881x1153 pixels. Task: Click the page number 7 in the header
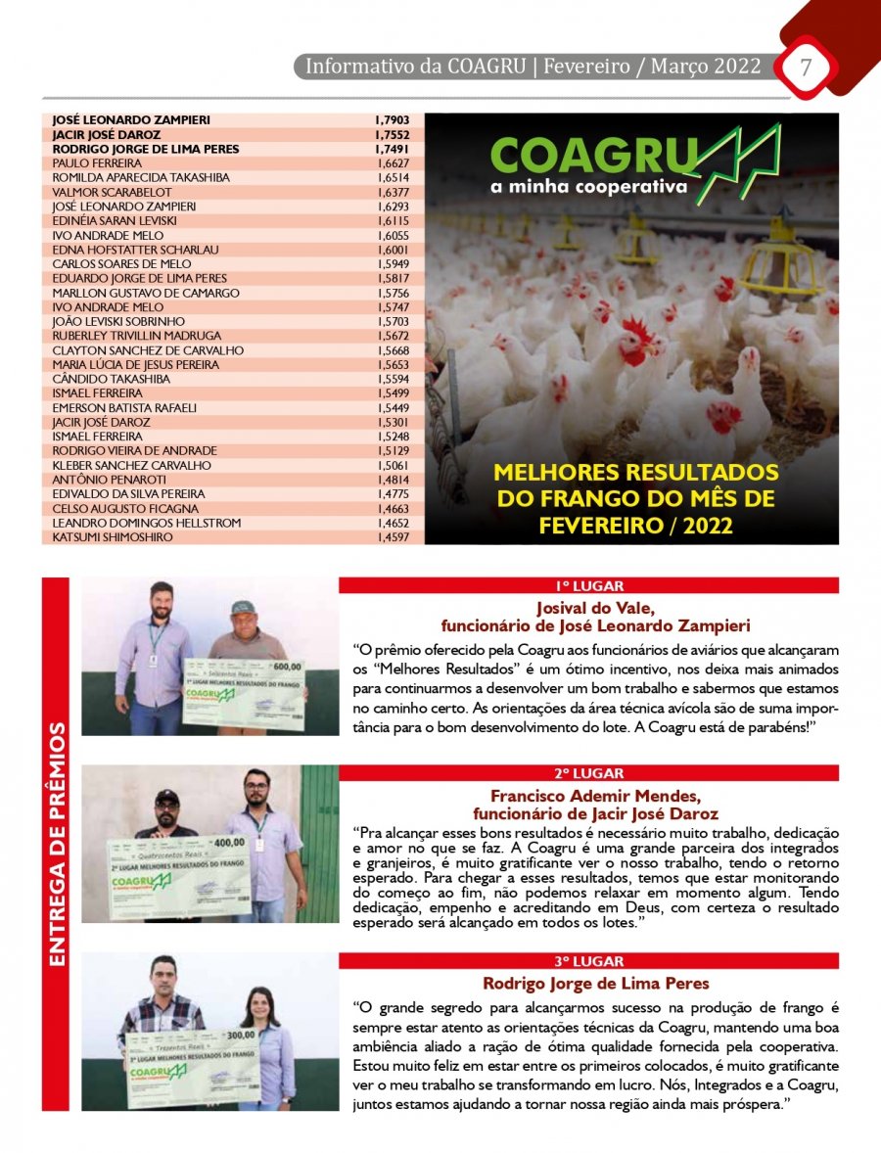tap(806, 68)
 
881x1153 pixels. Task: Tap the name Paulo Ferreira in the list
tap(97, 162)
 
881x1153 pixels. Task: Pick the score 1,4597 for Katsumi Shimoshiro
tap(393, 537)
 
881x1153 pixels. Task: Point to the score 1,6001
tap(393, 250)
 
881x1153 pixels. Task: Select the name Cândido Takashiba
tap(111, 379)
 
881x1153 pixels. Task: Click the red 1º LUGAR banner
tap(588, 586)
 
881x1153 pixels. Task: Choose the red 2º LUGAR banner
tap(588, 773)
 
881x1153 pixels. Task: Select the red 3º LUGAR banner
tap(588, 961)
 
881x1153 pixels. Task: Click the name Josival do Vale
tap(588, 607)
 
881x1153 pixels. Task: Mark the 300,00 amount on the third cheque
tap(240, 1034)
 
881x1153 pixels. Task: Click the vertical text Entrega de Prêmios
tap(57, 845)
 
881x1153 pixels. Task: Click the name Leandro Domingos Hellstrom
tap(146, 523)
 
